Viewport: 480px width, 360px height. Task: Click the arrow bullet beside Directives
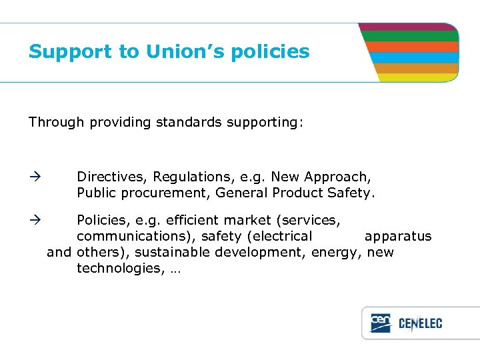coord(35,177)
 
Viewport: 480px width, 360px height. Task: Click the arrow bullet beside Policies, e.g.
coord(35,220)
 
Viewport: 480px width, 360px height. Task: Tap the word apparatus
coord(398,237)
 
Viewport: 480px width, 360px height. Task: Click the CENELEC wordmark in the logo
coord(420,324)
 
